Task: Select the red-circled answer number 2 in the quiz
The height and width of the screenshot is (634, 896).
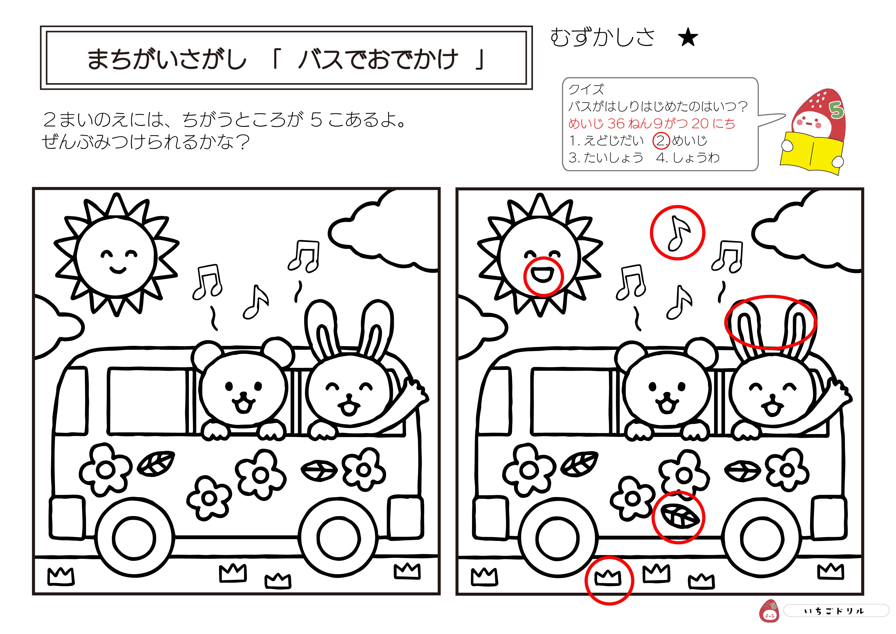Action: coord(661,141)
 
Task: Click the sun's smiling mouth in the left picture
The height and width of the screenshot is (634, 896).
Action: coord(118,269)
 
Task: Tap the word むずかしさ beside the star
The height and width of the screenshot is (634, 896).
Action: coord(602,38)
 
